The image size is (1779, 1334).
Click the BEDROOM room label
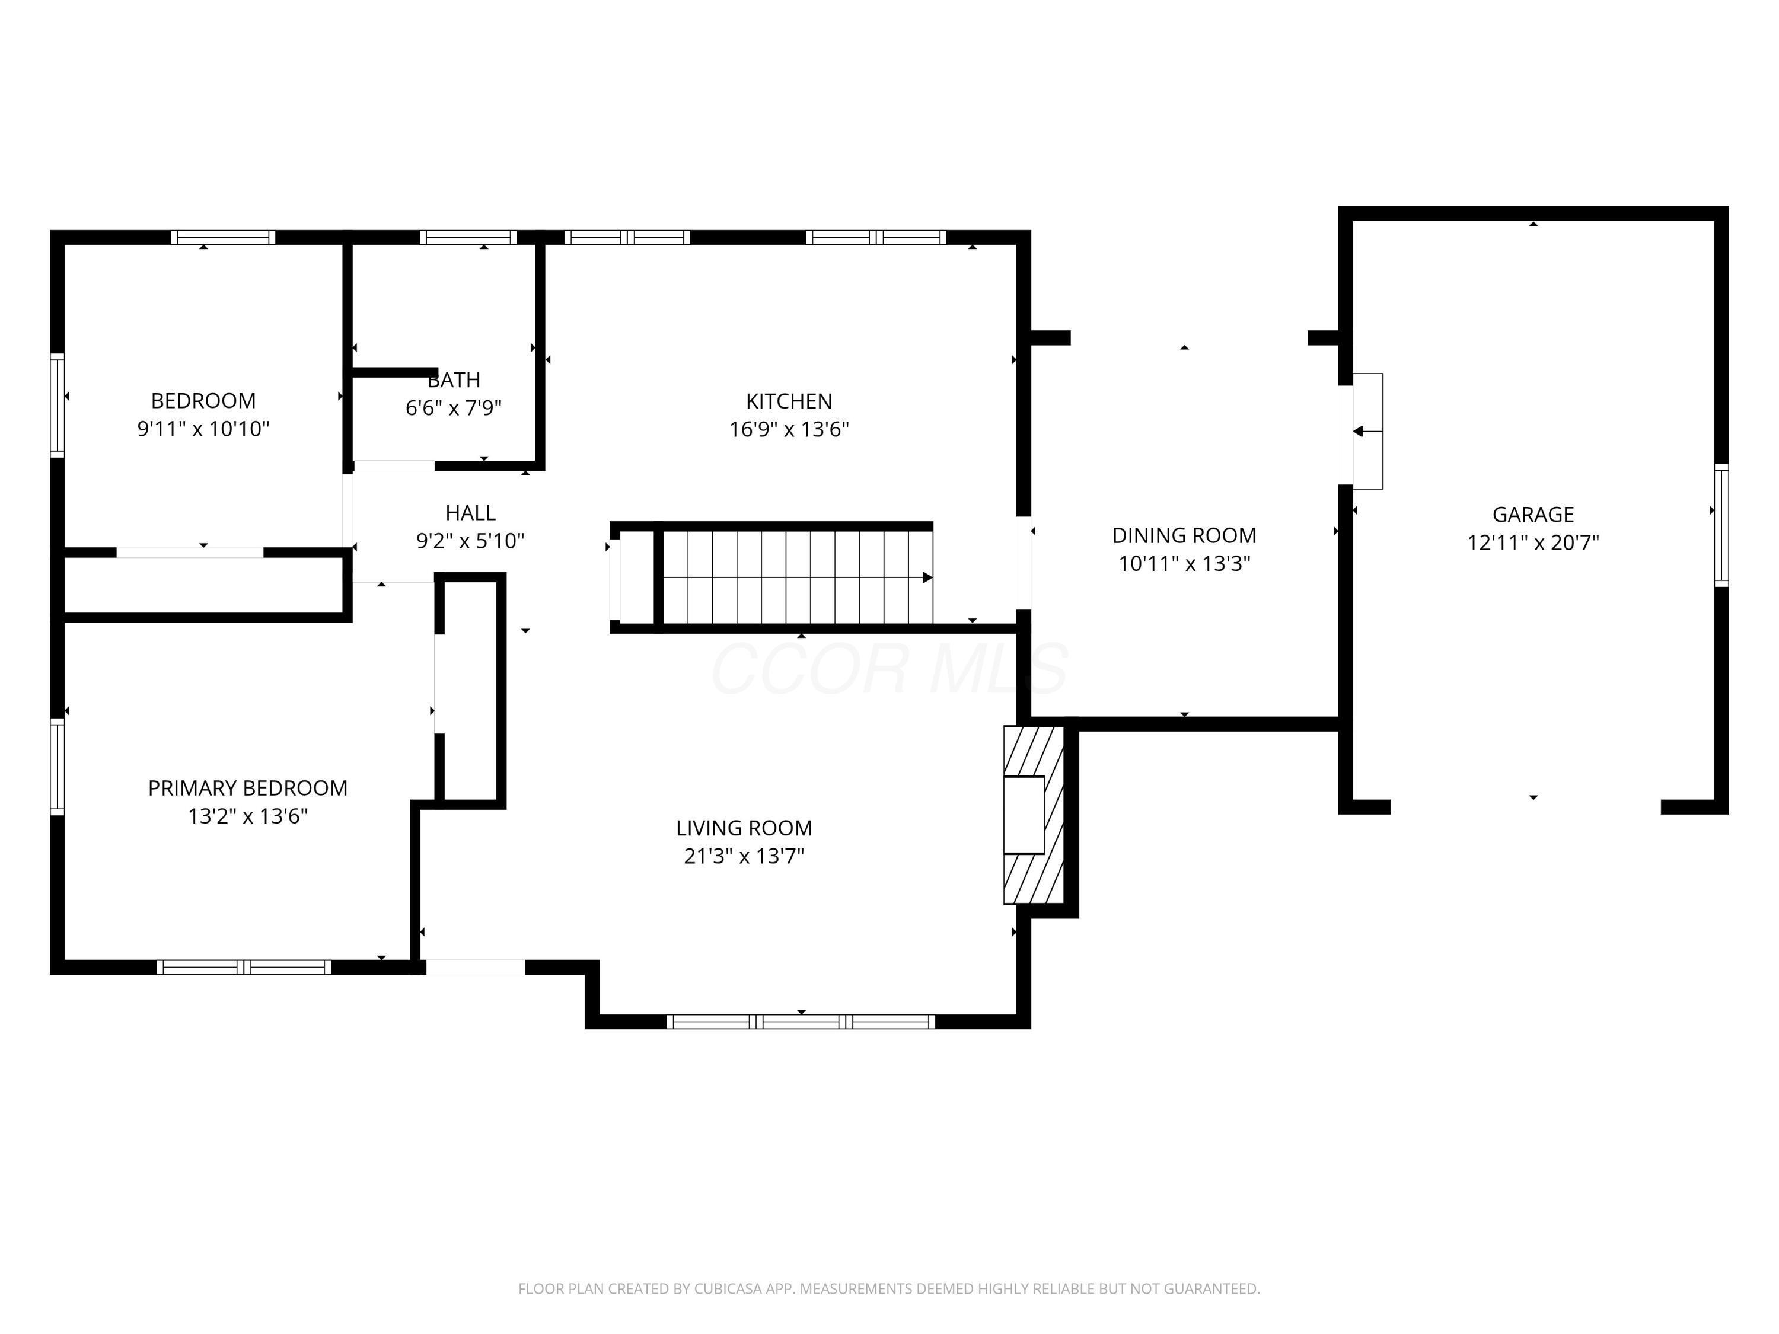[x=203, y=400]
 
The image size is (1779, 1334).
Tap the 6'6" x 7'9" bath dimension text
[x=454, y=408]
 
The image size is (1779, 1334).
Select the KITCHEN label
[x=789, y=400]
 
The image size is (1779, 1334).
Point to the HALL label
[x=470, y=512]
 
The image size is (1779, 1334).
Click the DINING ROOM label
[x=1184, y=535]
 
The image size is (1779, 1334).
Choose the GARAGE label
[x=1533, y=514]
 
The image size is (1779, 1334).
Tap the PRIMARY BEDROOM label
[x=248, y=787]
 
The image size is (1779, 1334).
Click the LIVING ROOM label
[x=744, y=828]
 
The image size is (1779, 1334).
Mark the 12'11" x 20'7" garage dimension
[x=1533, y=542]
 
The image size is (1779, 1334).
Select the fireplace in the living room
[x=1034, y=815]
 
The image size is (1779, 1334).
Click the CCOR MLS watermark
[x=889, y=668]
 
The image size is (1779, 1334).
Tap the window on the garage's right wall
[x=1721, y=525]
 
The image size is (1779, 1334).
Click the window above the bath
[x=468, y=237]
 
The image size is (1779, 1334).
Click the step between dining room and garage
[x=1367, y=431]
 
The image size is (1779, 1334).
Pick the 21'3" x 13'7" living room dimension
[x=744, y=856]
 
